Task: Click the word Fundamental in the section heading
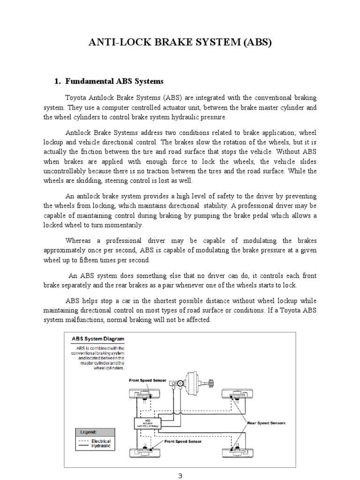point(92,81)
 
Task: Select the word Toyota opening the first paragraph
point(76,98)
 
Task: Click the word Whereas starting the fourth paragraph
point(80,241)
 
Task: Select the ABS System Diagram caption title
point(97,338)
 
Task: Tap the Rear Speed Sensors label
point(266,422)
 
